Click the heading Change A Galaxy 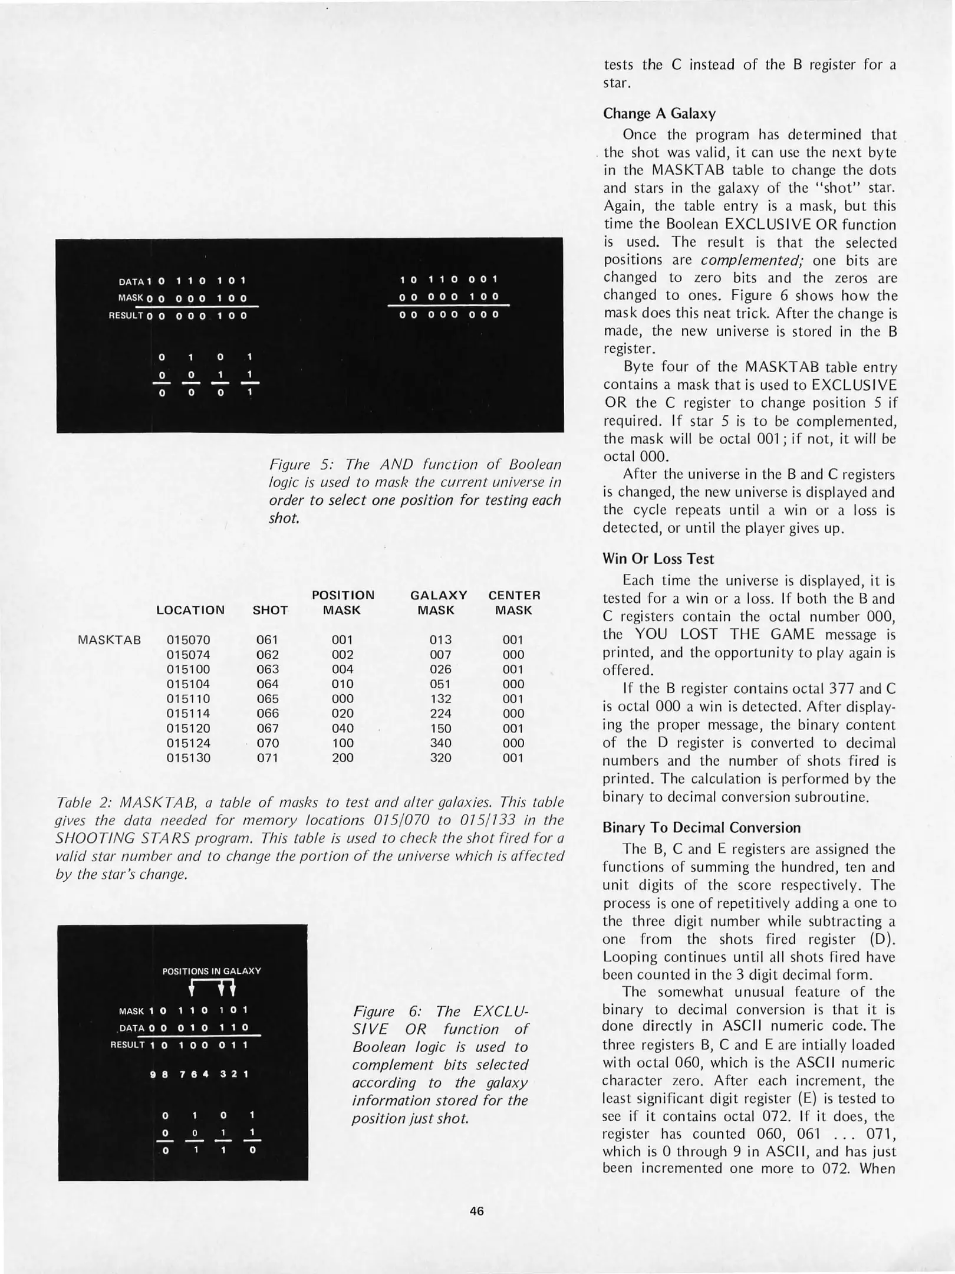(x=659, y=113)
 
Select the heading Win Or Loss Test (x=658, y=559)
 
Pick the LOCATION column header (x=190, y=610)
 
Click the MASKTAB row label (x=109, y=640)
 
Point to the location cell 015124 (x=188, y=743)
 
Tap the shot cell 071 (x=268, y=758)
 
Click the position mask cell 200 (x=342, y=758)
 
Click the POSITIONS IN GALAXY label (x=211, y=971)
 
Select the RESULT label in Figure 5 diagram (x=126, y=316)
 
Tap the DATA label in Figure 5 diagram (x=131, y=281)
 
